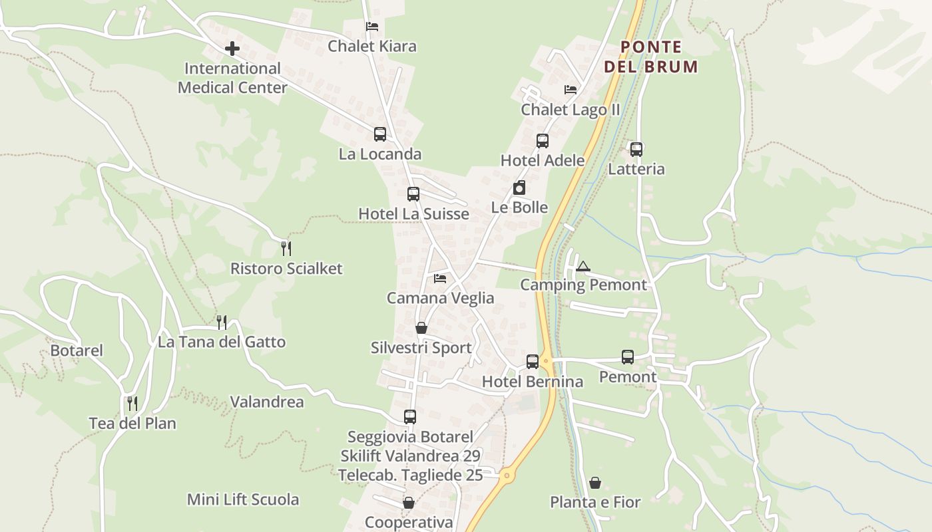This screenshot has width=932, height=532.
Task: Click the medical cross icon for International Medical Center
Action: pyautogui.click(x=232, y=49)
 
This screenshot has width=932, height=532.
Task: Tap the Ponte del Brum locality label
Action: pyautogui.click(x=651, y=57)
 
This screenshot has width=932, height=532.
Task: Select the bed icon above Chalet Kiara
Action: pyautogui.click(x=372, y=27)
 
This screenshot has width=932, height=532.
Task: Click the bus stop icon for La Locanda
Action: pyautogui.click(x=380, y=134)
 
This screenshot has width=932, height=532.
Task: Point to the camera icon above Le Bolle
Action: pyautogui.click(x=519, y=188)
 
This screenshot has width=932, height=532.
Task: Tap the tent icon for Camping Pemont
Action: pyautogui.click(x=583, y=266)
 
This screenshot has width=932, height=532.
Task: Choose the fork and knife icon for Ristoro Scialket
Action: pyautogui.click(x=286, y=249)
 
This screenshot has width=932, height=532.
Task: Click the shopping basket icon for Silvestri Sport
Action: pyautogui.click(x=421, y=328)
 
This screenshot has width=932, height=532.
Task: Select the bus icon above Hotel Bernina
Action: pyautogui.click(x=533, y=362)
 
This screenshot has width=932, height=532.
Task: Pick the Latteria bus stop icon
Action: pyautogui.click(x=636, y=149)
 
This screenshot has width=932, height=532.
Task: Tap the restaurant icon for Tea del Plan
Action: pyautogui.click(x=132, y=403)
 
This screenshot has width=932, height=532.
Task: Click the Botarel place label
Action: pyautogui.click(x=77, y=350)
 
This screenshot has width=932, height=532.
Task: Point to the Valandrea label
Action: pyautogui.click(x=267, y=402)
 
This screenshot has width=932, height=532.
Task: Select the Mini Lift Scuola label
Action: pyautogui.click(x=243, y=499)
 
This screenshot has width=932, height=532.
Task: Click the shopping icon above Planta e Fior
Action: pyautogui.click(x=595, y=483)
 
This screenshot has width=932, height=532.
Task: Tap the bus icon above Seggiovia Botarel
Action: pyautogui.click(x=410, y=417)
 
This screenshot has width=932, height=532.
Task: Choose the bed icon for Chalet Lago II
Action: pyautogui.click(x=571, y=90)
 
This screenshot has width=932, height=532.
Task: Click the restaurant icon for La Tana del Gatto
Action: pyautogui.click(x=222, y=323)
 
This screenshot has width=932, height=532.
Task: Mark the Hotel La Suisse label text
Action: pyautogui.click(x=413, y=214)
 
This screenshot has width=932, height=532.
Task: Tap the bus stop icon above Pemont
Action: pyautogui.click(x=628, y=357)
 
